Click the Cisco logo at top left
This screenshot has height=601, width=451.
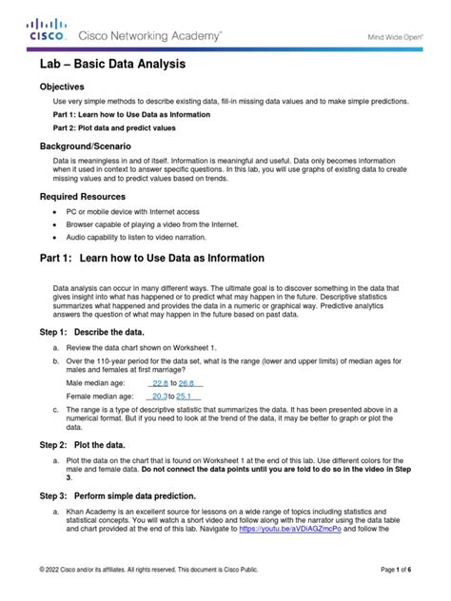[x=47, y=29]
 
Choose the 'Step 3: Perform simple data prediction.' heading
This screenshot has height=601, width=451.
[x=117, y=495]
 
